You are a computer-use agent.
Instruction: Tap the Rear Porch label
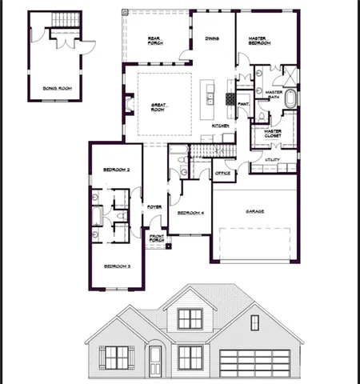[155, 40]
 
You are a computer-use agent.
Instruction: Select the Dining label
[212, 38]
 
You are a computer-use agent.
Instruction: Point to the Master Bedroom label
[259, 40]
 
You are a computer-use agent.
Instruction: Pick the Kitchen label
[221, 126]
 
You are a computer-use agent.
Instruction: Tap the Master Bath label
[274, 95]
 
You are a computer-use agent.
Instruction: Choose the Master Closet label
[274, 133]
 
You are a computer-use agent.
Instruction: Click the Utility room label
[273, 161]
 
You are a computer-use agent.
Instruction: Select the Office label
[222, 173]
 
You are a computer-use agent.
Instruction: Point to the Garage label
[255, 211]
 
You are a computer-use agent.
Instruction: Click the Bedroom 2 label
[118, 169]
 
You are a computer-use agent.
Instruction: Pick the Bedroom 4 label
[190, 213]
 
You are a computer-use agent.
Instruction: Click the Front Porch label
[157, 238]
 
